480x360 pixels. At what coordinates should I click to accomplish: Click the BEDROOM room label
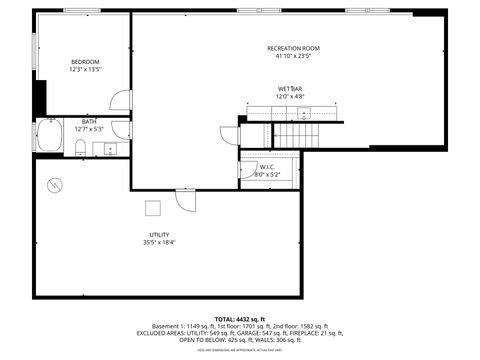84,62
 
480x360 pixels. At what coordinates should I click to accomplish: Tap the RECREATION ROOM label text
293,49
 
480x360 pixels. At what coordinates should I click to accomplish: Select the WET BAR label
291,89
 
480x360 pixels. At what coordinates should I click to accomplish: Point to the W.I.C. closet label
267,168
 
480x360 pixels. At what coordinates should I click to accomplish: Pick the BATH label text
89,122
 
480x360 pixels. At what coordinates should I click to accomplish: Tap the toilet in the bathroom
79,149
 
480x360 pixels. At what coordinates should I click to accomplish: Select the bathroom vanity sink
110,150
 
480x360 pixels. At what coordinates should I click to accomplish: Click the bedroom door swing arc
119,99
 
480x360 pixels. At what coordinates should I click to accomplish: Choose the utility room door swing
186,199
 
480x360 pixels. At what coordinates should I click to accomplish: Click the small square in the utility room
153,207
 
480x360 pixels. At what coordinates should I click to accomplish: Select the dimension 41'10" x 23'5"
293,57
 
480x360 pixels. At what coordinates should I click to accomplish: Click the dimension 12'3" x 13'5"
84,70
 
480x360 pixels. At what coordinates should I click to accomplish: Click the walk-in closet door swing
247,170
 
